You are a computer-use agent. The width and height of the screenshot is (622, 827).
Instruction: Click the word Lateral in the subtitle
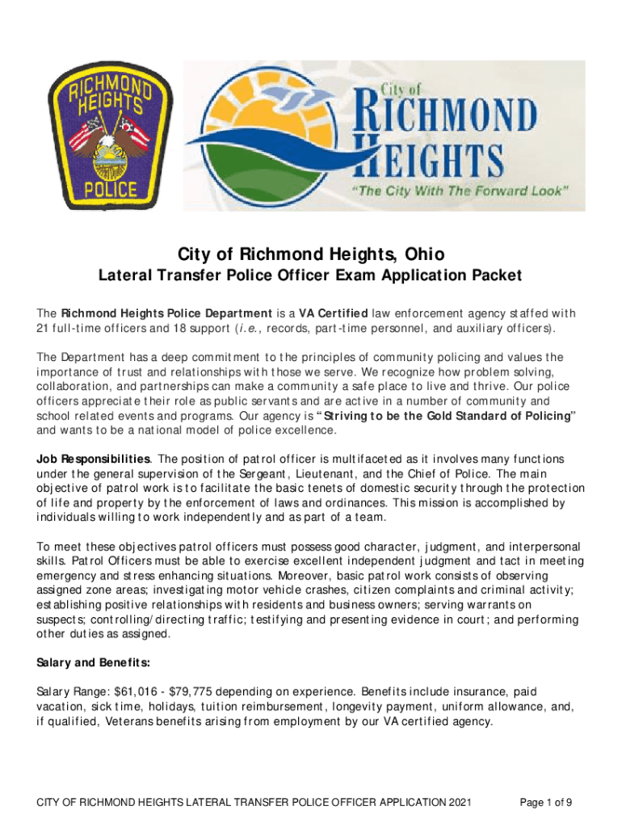(126, 276)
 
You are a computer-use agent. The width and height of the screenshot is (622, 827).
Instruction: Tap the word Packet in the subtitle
(495, 276)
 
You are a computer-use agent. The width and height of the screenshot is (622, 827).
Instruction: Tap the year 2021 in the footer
(457, 803)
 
